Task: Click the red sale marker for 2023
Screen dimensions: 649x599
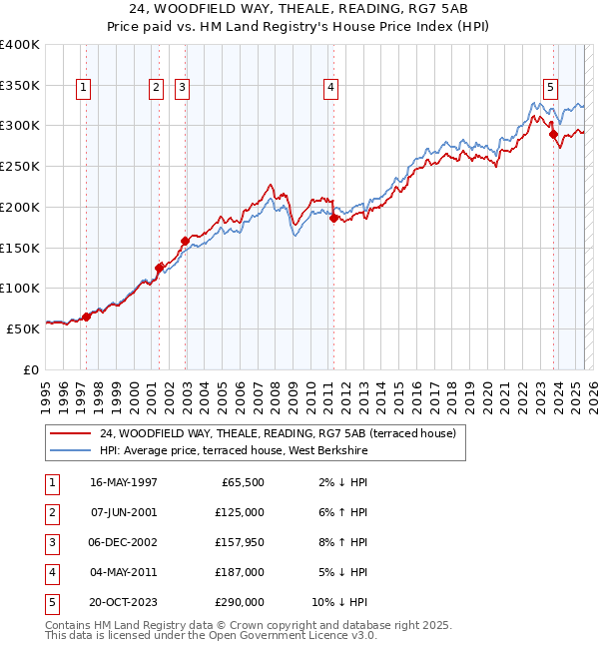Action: click(x=553, y=134)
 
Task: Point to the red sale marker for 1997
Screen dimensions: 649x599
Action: click(x=86, y=317)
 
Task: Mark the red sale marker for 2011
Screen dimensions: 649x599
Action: click(x=333, y=218)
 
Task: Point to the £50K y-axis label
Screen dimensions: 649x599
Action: click(x=23, y=327)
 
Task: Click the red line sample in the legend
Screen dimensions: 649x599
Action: click(x=70, y=433)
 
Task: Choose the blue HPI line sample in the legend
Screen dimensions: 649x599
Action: click(x=70, y=451)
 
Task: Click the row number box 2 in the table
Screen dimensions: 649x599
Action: click(x=52, y=512)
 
